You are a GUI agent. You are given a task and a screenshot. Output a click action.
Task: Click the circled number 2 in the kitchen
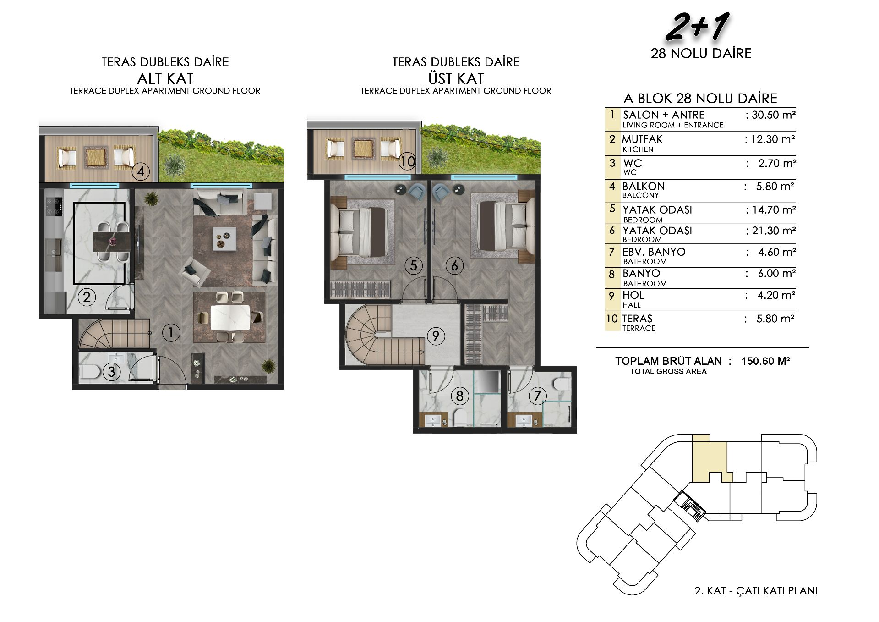87,297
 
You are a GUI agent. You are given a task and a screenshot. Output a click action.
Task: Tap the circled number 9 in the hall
436,336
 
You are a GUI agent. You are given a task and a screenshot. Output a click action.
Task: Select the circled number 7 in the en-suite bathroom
538,396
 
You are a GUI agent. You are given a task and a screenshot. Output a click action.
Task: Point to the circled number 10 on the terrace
407,161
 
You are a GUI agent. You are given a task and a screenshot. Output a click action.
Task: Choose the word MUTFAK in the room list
642,139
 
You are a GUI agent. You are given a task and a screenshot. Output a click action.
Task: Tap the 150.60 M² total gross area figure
766,361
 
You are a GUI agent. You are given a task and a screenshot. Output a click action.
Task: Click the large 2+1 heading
698,27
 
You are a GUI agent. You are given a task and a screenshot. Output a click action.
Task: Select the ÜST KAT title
456,78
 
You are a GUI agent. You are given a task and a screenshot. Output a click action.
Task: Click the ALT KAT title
165,78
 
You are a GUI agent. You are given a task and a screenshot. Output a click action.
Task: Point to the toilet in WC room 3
90,371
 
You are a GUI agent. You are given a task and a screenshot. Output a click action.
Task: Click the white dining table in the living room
230,318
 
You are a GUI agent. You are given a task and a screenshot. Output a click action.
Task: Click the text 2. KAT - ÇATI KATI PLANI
756,591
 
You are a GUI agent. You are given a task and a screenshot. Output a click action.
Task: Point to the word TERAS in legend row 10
637,319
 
